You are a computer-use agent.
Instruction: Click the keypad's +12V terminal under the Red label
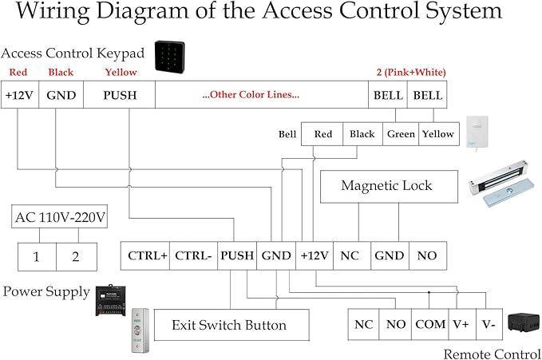(x=19, y=95)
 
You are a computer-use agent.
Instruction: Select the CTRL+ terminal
(x=147, y=256)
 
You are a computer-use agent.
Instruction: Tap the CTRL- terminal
(x=194, y=256)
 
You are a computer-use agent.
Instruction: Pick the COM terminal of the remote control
(x=429, y=324)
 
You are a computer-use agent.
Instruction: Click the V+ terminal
(x=461, y=324)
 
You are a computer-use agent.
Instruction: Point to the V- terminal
(x=488, y=324)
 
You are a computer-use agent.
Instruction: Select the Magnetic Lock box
(x=386, y=186)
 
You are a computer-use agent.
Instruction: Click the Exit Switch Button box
(x=229, y=325)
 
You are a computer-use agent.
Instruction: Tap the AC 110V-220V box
(x=61, y=217)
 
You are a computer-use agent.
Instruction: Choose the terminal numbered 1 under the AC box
(x=35, y=257)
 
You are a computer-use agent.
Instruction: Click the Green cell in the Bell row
(x=401, y=134)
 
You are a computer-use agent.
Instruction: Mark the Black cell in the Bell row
(x=362, y=134)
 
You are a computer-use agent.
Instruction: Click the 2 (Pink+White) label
(x=410, y=73)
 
